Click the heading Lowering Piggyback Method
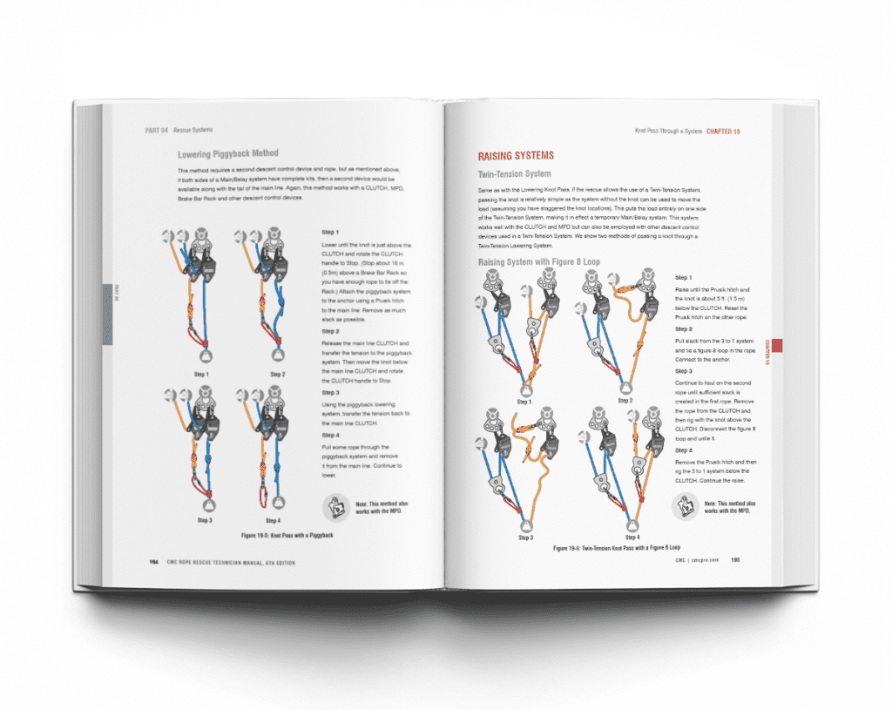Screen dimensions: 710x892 pos(227,154)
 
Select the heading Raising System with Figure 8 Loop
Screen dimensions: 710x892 pos(540,262)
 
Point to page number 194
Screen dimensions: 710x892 pos(153,562)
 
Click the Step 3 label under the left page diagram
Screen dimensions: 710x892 pos(205,520)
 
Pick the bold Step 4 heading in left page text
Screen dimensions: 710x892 pos(330,435)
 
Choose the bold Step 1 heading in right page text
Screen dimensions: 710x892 pos(684,277)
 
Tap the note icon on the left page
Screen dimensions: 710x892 pos(336,508)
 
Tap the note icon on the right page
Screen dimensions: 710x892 pos(686,507)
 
